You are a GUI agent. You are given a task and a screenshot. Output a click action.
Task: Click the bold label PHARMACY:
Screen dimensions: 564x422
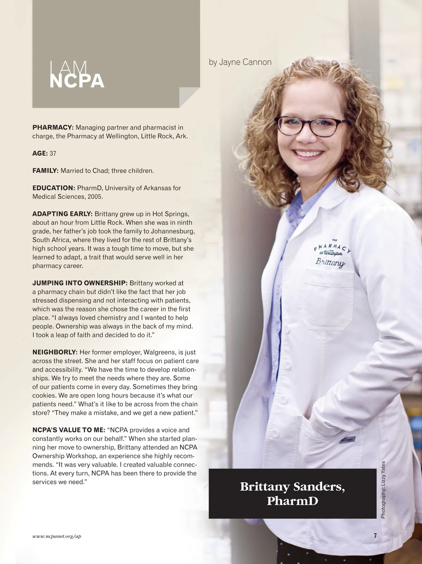point(53,127)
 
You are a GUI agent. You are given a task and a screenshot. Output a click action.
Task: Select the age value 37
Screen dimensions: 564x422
point(53,153)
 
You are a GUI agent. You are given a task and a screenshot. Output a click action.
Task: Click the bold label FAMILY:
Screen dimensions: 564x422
point(45,171)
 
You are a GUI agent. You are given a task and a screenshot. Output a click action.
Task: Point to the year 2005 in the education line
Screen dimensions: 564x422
point(95,197)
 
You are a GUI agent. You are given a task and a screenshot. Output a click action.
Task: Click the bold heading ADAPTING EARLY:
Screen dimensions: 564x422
point(62,214)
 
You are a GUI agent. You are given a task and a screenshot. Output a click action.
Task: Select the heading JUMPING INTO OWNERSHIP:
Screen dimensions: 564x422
point(80,283)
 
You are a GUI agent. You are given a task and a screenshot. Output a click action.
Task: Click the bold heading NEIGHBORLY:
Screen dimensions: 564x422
point(55,352)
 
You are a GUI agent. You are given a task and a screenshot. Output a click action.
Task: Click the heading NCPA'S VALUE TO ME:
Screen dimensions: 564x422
point(69,430)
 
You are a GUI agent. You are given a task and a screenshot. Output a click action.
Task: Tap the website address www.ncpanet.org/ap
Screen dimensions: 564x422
point(57,536)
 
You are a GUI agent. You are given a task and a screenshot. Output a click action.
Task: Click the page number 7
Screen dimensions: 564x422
point(375,536)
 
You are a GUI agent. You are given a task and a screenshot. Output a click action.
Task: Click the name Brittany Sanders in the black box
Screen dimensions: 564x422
point(292,487)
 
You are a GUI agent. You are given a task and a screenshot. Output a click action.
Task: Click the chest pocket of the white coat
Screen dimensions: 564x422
point(328,299)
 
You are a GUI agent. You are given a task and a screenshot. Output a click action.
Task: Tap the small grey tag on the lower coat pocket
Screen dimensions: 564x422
point(347,439)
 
